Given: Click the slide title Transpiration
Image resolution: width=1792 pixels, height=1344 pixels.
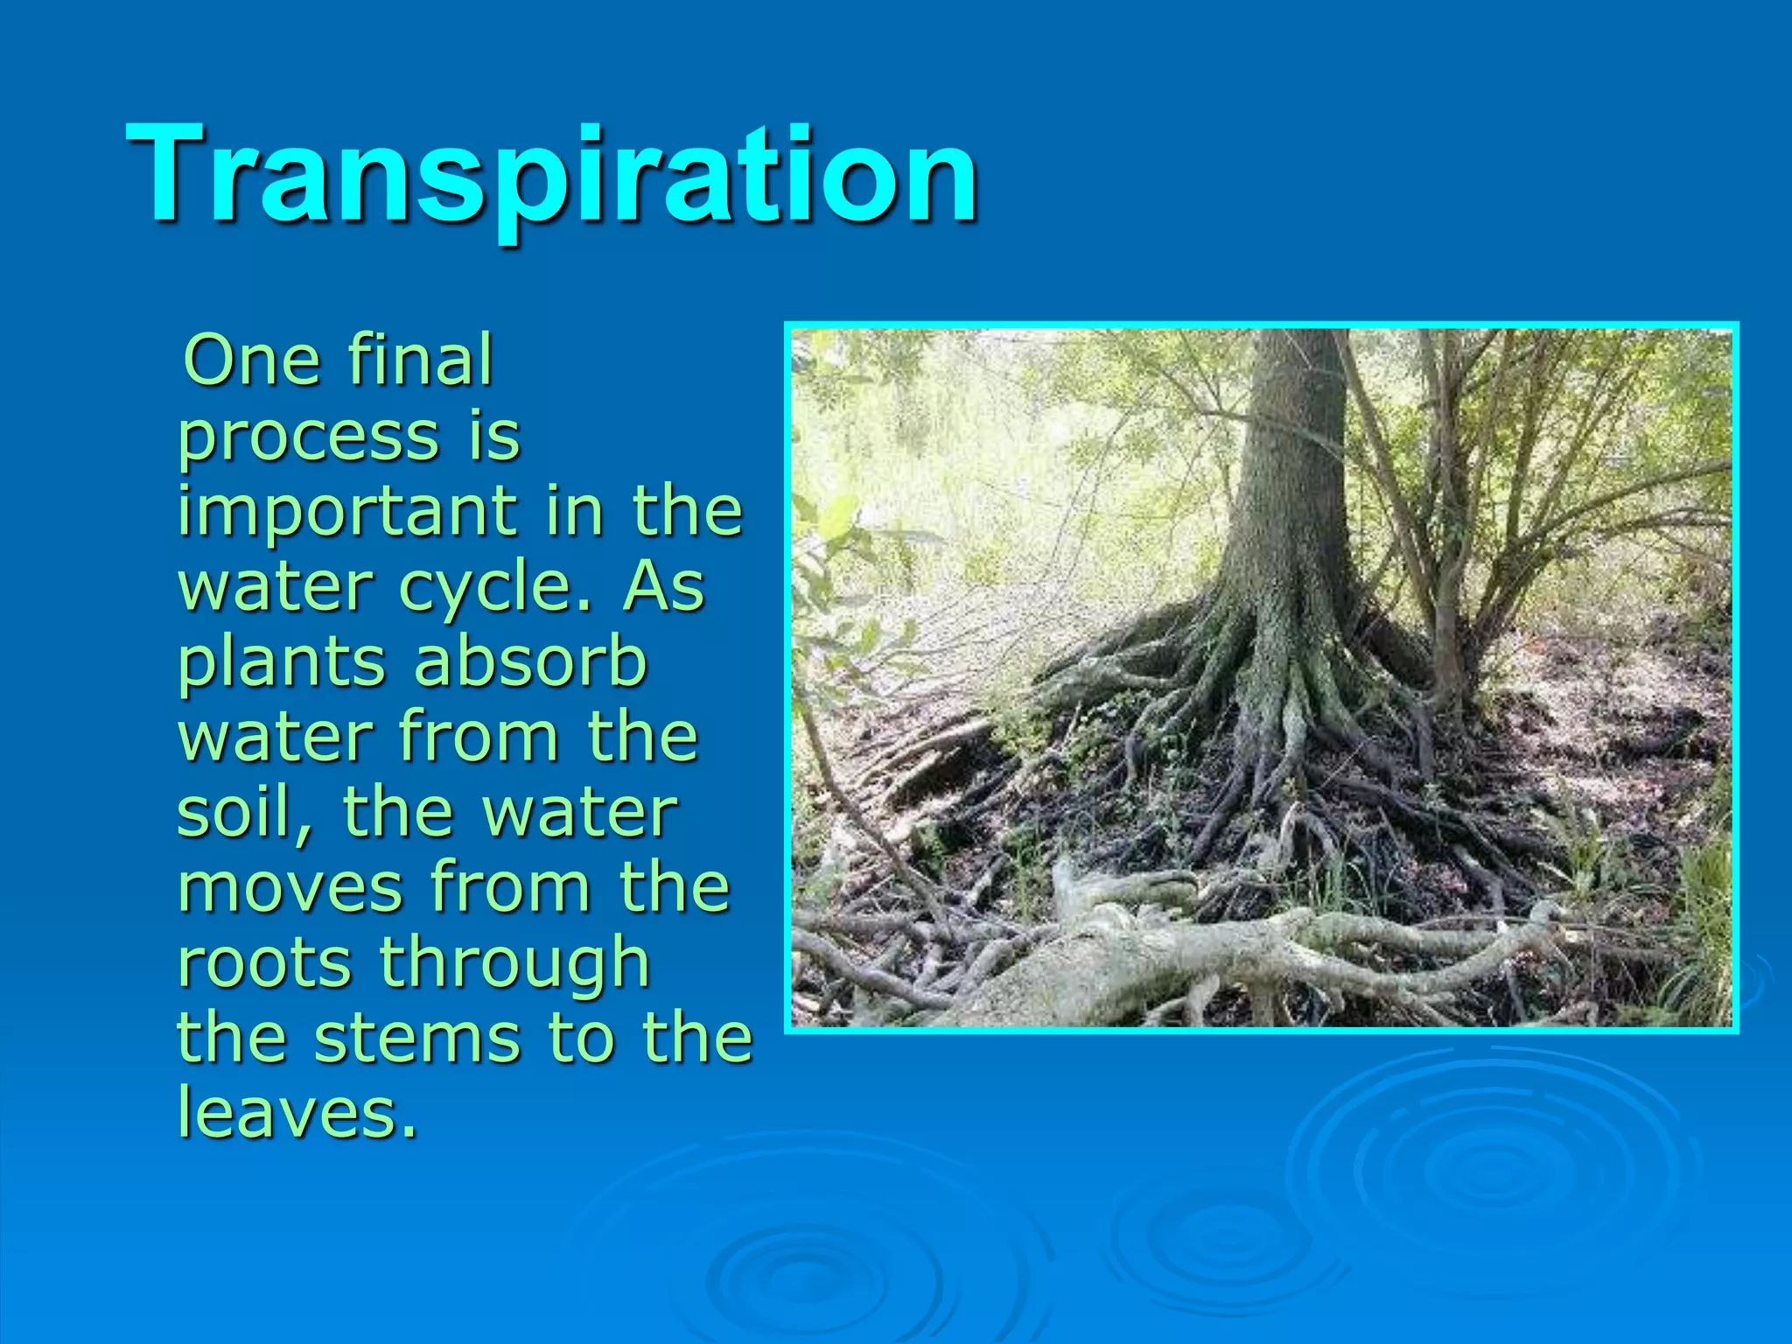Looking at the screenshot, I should click(551, 175).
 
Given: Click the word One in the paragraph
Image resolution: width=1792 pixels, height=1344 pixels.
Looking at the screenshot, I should click(248, 360).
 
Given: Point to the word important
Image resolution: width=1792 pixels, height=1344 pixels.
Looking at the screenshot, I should click(346, 513).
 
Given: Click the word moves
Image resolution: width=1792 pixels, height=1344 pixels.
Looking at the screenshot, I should click(289, 887).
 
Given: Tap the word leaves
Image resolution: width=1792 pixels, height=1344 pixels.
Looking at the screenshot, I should click(297, 1113).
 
